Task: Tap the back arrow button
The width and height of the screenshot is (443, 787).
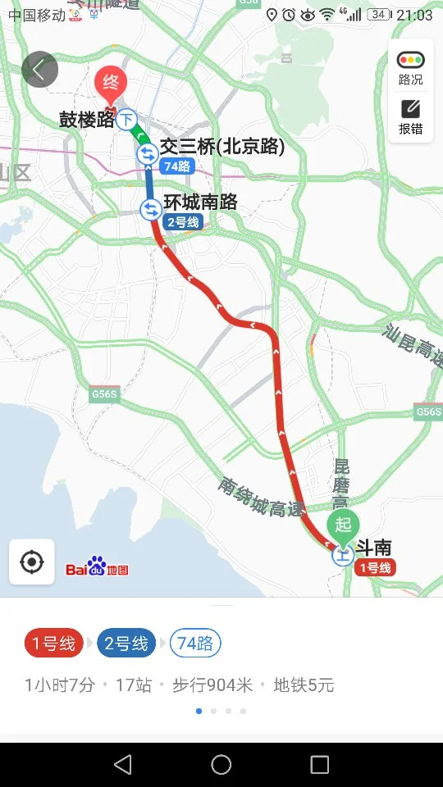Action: coord(39,70)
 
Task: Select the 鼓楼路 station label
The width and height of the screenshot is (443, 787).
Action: coord(86,120)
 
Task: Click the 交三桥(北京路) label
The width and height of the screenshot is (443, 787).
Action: coord(221,147)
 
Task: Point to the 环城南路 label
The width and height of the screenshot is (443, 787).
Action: coord(200,202)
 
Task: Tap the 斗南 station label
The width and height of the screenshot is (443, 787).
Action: coord(372,547)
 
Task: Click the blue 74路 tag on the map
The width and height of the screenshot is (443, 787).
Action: coord(177,166)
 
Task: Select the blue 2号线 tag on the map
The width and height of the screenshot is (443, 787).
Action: coord(183,222)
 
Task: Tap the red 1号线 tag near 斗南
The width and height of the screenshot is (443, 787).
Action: coord(375,567)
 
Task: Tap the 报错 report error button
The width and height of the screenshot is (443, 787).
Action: coord(410,116)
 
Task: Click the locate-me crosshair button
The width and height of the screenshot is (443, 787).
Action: coord(32,562)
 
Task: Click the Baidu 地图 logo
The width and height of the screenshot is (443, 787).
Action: coord(97,568)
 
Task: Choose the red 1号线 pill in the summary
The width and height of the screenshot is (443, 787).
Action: coord(53,644)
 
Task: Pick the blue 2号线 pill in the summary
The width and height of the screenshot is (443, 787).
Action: coord(126,644)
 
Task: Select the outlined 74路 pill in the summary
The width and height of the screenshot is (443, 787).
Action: coord(195,644)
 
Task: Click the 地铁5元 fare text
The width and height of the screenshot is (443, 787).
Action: coord(304,685)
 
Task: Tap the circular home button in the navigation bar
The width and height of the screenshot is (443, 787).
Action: coord(221,765)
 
